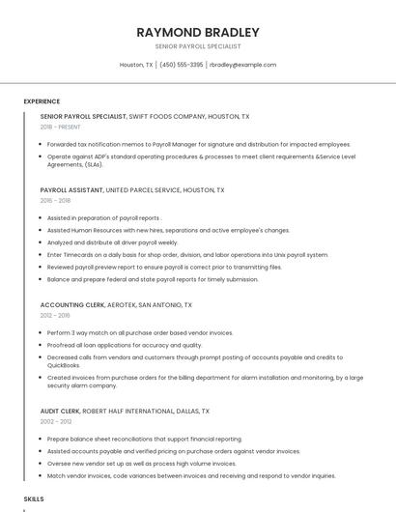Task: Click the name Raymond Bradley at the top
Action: coord(198,32)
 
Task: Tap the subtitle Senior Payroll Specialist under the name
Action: coord(198,46)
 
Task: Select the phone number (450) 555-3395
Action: coord(182,65)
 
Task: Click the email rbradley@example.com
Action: coord(242,65)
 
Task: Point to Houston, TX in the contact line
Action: coord(135,65)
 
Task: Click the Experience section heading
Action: coord(42,101)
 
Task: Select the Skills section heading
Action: coord(34,498)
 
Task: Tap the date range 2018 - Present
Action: coord(62,128)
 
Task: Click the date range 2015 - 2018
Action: coord(55,201)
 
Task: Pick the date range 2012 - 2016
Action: coord(55,315)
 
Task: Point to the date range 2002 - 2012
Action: coord(55,421)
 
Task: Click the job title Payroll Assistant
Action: coord(71,190)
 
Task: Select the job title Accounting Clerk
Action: coord(73,304)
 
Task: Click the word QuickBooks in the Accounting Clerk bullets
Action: coord(64,365)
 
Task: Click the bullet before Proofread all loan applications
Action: coord(42,345)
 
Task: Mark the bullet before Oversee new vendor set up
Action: coord(42,464)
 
